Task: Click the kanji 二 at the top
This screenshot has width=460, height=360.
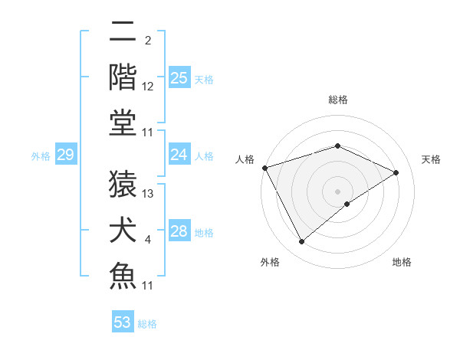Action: (123, 31)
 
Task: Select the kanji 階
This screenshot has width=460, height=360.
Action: (123, 77)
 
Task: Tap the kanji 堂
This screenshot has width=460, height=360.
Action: (123, 123)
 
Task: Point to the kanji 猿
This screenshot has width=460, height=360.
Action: (123, 182)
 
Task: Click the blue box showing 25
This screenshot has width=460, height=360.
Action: (179, 78)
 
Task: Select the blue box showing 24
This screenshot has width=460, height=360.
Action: (179, 155)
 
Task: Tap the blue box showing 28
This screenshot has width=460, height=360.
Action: (179, 231)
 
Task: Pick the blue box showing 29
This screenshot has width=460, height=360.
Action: (65, 155)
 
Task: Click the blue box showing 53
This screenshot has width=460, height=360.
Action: (123, 322)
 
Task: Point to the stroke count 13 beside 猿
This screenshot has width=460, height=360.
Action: (148, 194)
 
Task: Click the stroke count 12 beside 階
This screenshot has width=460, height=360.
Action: (148, 87)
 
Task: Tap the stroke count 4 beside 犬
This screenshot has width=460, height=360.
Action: (148, 241)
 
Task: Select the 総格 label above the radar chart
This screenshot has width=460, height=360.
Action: (338, 100)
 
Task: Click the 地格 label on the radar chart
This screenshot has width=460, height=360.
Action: (402, 262)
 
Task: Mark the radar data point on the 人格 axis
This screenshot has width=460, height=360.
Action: (265, 168)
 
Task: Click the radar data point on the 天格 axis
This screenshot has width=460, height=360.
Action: (396, 172)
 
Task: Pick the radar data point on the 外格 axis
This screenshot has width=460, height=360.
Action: (302, 242)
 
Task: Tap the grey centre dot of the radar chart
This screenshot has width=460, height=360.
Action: (338, 191)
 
